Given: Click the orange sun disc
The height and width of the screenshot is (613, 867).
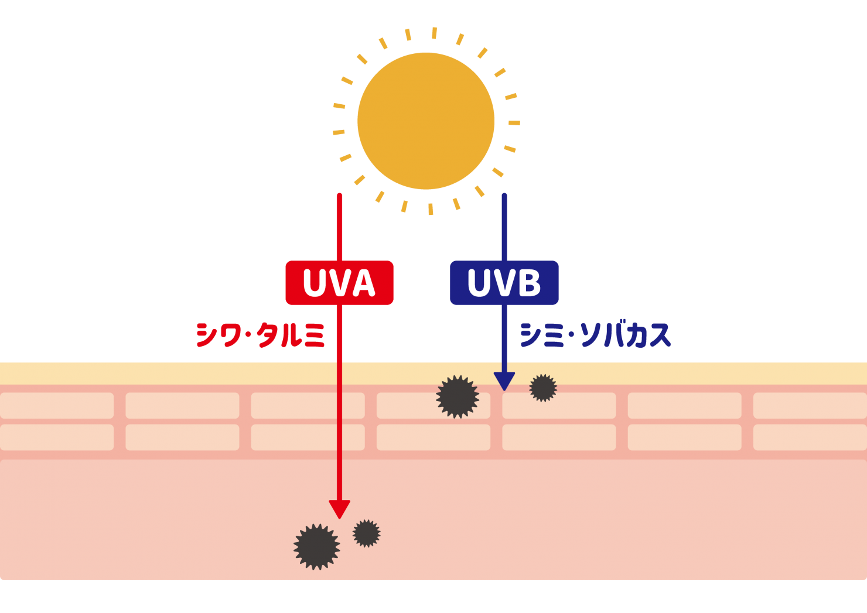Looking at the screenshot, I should pos(426,121).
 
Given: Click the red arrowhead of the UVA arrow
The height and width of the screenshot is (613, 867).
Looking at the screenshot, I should pos(339,509).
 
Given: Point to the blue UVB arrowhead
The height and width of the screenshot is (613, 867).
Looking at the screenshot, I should pos(504,381).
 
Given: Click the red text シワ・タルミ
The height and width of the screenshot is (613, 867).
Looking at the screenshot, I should pos(260,335).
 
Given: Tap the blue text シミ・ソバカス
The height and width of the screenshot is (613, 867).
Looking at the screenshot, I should pos(595,335).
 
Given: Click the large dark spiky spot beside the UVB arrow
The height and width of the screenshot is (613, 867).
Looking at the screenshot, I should pos(458,397).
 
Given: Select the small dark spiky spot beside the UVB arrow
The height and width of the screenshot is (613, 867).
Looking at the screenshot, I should pos(543,388).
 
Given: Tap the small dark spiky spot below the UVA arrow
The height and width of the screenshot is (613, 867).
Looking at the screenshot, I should pos(367,533).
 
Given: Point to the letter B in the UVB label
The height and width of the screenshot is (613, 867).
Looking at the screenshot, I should pos(529,283).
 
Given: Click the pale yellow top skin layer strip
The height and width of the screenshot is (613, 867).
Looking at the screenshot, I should pos(176,374).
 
